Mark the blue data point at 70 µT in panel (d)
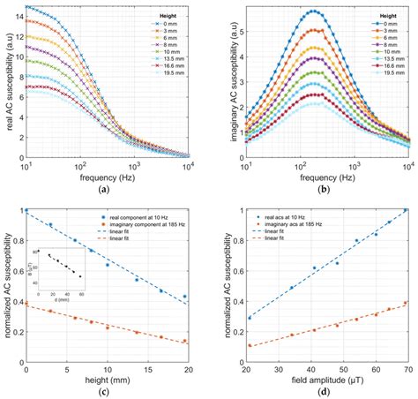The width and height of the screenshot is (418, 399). (x=405, y=211)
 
